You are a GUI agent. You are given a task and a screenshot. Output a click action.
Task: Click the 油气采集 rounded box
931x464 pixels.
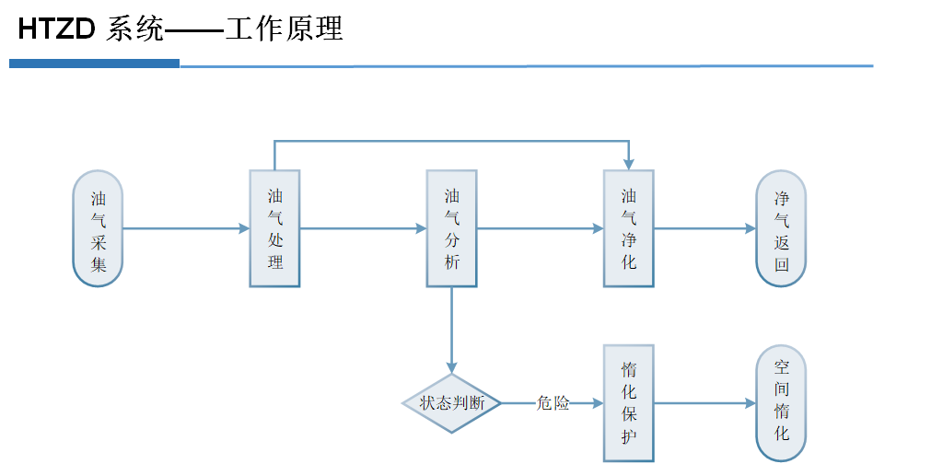[x=98, y=229]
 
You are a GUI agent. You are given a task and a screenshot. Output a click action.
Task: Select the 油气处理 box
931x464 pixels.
[x=274, y=228]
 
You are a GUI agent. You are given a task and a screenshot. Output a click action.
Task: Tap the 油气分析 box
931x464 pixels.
[x=451, y=228]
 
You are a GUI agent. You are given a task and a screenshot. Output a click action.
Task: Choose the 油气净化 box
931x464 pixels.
[x=628, y=228]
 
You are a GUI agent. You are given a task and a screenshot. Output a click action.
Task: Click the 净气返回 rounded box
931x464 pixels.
[x=781, y=229]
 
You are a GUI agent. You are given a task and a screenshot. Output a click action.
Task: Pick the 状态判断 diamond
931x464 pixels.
[x=451, y=403]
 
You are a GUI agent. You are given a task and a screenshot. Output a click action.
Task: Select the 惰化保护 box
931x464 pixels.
[x=628, y=403]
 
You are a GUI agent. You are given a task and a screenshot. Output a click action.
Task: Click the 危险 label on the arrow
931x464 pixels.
[x=553, y=403]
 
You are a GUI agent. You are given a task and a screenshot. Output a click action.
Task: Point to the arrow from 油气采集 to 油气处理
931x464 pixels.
[x=184, y=228]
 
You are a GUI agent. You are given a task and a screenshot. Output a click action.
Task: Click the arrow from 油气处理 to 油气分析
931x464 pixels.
[x=363, y=228]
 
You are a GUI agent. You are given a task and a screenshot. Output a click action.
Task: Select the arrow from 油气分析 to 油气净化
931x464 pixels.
[x=540, y=228]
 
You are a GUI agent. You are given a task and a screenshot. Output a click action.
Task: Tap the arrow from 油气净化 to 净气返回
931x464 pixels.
[x=704, y=228]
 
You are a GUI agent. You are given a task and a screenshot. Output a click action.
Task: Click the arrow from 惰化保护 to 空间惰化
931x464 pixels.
[x=704, y=403]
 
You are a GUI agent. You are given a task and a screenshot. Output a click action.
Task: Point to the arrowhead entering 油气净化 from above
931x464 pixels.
[x=628, y=163]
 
